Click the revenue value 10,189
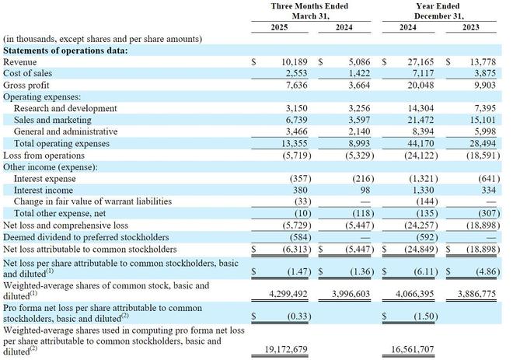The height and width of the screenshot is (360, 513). click(295, 62)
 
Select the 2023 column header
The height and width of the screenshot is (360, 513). click(471, 27)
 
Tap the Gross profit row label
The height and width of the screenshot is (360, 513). click(26, 85)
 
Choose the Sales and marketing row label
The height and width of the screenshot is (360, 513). click(53, 120)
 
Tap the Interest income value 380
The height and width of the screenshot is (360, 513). click(300, 190)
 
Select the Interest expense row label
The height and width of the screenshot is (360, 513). click(45, 179)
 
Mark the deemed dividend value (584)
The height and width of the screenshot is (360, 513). click(301, 237)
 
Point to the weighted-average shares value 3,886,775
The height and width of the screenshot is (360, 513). click(476, 294)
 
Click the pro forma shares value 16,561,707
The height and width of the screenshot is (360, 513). click(413, 349)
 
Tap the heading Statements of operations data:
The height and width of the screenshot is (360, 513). click(65, 51)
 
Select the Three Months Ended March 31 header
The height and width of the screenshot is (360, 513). click(310, 11)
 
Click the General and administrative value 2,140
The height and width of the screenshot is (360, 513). click(359, 131)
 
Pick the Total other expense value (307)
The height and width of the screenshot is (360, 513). click(489, 213)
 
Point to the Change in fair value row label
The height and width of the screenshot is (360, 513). click(93, 201)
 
